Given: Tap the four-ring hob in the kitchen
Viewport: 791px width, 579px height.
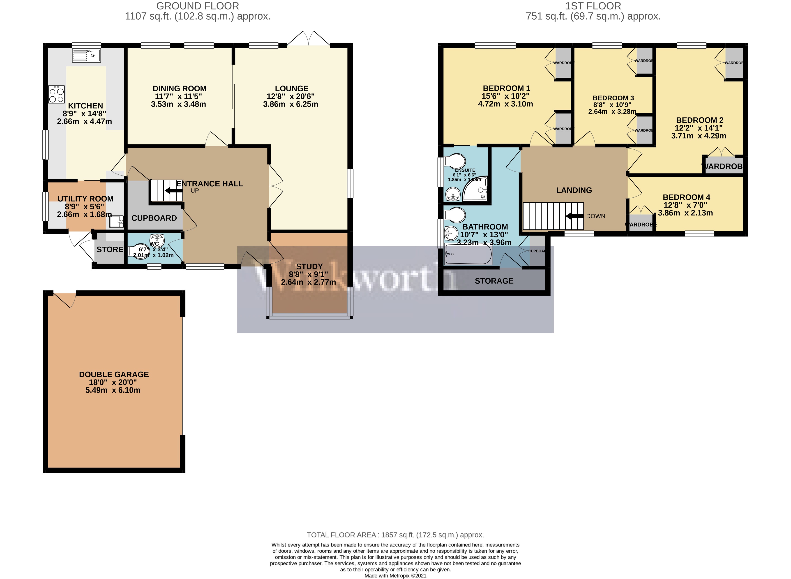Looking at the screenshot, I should [56, 95].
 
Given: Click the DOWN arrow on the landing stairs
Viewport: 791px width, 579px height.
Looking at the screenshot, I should [574, 216].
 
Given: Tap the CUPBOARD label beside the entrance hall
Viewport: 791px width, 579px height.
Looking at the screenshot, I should [154, 218].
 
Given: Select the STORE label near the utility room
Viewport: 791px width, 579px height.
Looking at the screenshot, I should [110, 250].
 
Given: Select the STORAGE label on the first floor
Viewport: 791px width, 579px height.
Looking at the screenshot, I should [494, 281].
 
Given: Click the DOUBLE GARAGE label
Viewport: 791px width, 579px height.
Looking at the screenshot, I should [114, 375].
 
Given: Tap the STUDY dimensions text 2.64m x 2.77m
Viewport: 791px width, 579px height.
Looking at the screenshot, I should [308, 282].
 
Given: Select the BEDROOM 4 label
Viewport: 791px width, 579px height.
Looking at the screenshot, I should [686, 197].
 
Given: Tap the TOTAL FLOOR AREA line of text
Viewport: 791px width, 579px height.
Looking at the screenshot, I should [395, 535].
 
